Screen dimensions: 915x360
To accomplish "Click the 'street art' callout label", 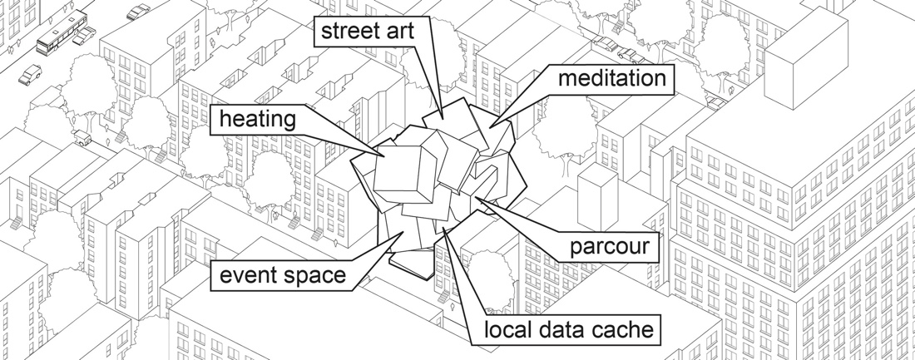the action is tap(368, 31).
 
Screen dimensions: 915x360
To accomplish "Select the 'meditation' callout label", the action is tap(611, 78).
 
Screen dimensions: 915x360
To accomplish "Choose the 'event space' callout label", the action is tap(283, 274).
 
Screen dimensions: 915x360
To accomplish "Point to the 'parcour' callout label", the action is tap(609, 247).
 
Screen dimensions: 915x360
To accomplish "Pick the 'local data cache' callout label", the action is tap(569, 330).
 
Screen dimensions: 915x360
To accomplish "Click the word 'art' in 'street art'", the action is tap(398, 32).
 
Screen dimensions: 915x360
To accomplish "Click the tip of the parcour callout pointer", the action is tap(475, 198).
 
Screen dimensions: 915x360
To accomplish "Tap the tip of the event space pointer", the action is tap(403, 232).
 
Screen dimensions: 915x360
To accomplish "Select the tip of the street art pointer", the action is tap(443, 120).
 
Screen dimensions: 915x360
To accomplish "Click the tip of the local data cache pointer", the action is tap(443, 229).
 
